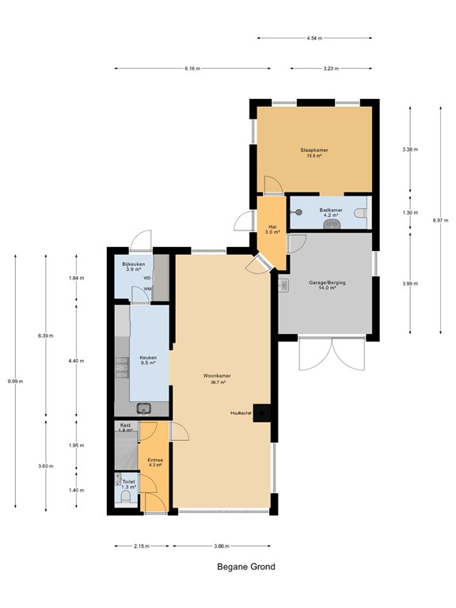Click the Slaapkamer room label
pyautogui.click(x=314, y=150)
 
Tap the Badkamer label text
pyautogui.click(x=331, y=210)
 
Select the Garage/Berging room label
pyautogui.click(x=327, y=283)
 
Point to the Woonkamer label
pyautogui.click(x=217, y=376)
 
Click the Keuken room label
pyautogui.click(x=148, y=358)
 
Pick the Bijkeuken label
pyautogui.click(x=133, y=264)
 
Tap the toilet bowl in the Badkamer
pyautogui.click(x=361, y=213)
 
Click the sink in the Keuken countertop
pyautogui.click(x=144, y=408)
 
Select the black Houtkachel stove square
pyautogui.click(x=261, y=413)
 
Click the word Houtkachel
pyautogui.click(x=241, y=413)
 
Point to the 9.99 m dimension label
pyautogui.click(x=15, y=381)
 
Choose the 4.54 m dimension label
pyautogui.click(x=314, y=38)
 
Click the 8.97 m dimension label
pyautogui.click(x=440, y=220)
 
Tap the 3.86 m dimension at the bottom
pyautogui.click(x=222, y=546)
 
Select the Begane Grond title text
pyautogui.click(x=246, y=567)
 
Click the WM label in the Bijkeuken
pyautogui.click(x=147, y=289)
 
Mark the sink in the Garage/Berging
pyautogui.click(x=283, y=285)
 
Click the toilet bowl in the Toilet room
pyautogui.click(x=126, y=496)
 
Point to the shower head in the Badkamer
pyautogui.click(x=298, y=212)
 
